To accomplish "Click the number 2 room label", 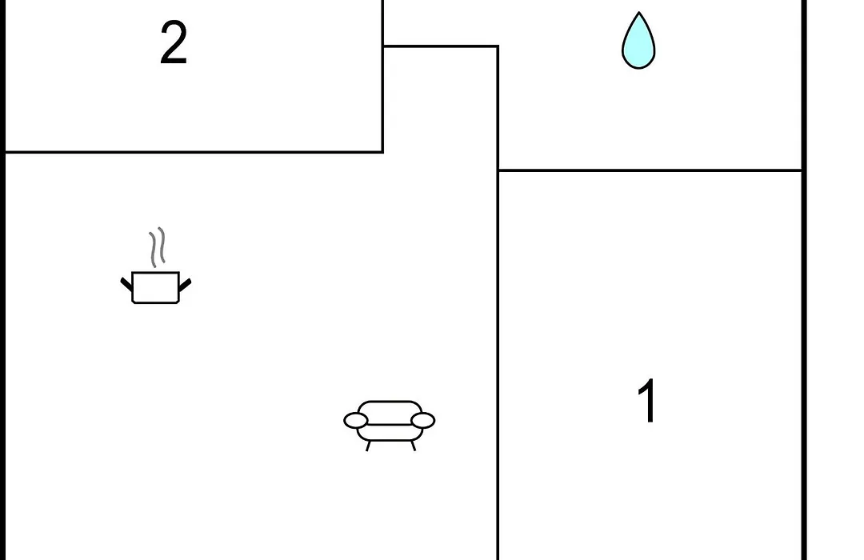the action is [174, 43].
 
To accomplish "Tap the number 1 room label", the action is [647, 401].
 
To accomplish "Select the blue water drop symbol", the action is [638, 41].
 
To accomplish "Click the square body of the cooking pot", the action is [156, 287].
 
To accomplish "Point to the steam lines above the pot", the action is [157, 247].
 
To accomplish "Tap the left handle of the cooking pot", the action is [126, 285].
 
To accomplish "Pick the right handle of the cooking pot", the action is [185, 285].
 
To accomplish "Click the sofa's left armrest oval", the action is [356, 421].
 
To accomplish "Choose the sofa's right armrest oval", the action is [422, 421].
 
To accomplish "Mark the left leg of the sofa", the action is [368, 446].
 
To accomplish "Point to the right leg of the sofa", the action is [413, 446].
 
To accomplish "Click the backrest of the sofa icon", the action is [390, 409].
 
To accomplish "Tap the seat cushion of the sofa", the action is [390, 432].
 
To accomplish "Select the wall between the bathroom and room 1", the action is [650, 170].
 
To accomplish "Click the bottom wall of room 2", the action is [194, 151].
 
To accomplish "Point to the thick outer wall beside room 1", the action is [805, 364].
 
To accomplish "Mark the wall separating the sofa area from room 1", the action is [498, 365].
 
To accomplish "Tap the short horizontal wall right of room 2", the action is [441, 46].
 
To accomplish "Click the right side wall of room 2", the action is [383, 76].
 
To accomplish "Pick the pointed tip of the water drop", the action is [638, 12].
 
